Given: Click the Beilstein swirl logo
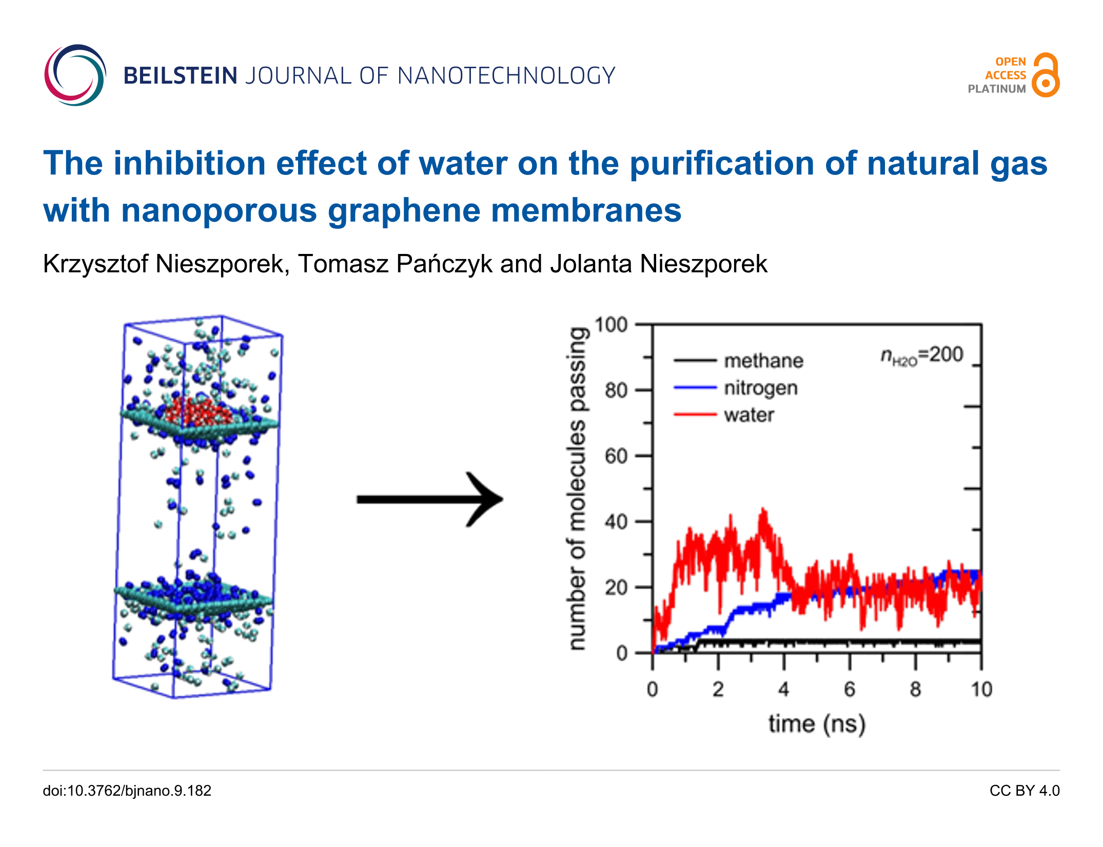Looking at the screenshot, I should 75,75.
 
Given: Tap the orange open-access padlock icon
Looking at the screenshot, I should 1046,75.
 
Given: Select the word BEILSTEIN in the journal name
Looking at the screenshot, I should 180,76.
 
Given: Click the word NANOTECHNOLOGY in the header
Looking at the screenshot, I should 506,76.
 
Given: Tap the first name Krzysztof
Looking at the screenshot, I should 95,264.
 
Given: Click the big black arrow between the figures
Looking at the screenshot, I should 430,499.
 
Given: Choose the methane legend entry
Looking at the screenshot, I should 763,361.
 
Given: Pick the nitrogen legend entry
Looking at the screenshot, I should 760,388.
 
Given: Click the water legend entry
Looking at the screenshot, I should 749,415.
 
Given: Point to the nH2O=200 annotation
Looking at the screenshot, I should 921,355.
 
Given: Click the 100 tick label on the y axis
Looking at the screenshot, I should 610,325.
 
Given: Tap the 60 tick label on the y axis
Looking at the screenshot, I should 616,456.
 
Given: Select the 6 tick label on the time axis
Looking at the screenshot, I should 850,689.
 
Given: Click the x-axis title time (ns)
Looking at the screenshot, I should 817,724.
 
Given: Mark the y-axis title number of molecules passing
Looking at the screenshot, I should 578,488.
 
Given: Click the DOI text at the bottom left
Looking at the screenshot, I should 127,791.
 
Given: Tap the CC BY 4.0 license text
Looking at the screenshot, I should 1024,791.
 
